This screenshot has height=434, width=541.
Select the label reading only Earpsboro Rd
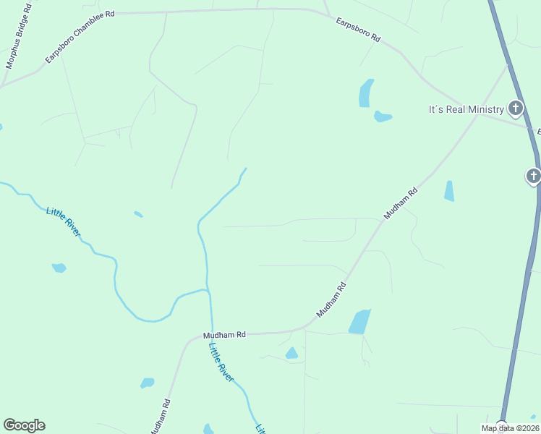(x=358, y=31)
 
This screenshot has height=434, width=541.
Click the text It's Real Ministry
(x=467, y=109)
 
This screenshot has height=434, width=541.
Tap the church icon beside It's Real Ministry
(x=515, y=109)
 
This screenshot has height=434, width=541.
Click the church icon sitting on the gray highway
(x=533, y=176)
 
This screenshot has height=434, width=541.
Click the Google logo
(x=24, y=425)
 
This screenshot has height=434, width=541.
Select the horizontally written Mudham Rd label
(x=224, y=335)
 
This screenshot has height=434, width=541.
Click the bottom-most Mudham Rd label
(x=160, y=417)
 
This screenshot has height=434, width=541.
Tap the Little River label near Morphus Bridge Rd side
(x=64, y=221)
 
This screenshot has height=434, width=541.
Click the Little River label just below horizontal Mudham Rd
(x=221, y=362)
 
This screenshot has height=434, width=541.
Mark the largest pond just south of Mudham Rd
(x=359, y=322)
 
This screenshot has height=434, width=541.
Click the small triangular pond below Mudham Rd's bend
(x=291, y=353)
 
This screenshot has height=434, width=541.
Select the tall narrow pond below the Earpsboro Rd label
(x=366, y=93)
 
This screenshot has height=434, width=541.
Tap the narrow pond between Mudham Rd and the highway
(x=449, y=191)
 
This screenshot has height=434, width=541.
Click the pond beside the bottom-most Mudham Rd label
(x=147, y=383)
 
